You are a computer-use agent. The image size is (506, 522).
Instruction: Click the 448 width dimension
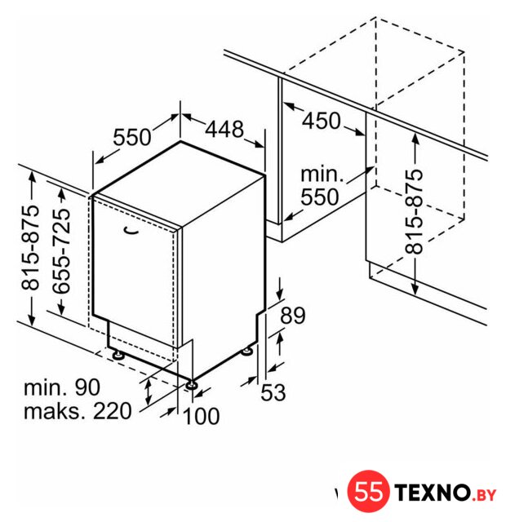[x=224, y=129]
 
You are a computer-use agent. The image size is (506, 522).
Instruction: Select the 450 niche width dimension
[x=322, y=121]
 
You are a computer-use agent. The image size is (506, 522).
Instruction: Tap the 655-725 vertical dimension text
[x=62, y=251]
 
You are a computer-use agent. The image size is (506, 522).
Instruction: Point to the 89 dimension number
[x=293, y=316]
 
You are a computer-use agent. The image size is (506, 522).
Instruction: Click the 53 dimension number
[x=273, y=392]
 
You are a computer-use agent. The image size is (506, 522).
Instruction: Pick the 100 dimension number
[x=202, y=416]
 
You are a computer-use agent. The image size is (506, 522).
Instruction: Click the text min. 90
[x=62, y=387]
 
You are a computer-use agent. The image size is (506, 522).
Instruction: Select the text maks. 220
[x=78, y=411]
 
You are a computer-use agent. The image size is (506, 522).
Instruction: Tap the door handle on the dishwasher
[x=131, y=230]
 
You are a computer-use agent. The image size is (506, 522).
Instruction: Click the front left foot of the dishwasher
[x=118, y=356]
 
